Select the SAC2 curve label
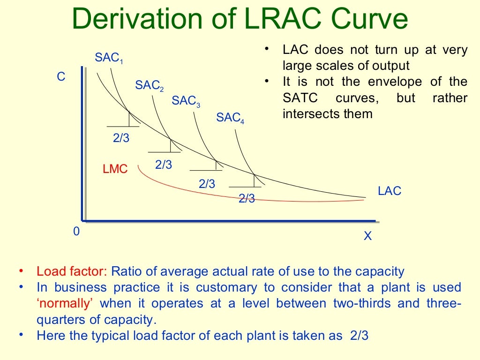149,86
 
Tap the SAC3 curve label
186,101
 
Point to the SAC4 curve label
230,118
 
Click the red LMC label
115,169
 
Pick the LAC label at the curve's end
390,191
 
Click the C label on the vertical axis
61,77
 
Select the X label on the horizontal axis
367,236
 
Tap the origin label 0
76,232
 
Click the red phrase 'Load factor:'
72,271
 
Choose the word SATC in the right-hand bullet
300,98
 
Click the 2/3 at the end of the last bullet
360,336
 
